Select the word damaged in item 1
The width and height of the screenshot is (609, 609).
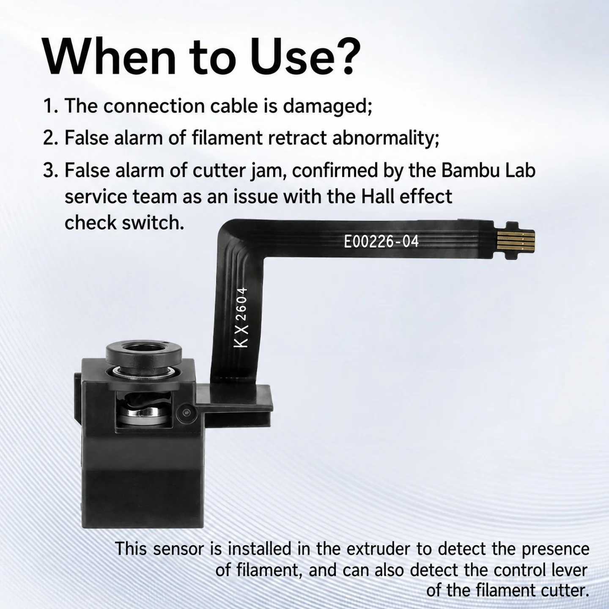(327, 107)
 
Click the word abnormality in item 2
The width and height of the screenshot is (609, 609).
(386, 139)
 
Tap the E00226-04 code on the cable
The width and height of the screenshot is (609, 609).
(381, 242)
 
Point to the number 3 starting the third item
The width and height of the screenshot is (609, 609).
(49, 171)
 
